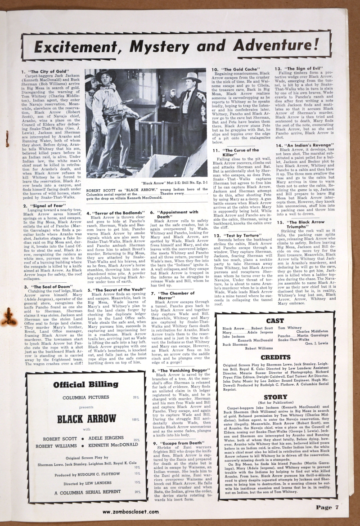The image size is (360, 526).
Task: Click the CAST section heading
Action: tap(275, 321)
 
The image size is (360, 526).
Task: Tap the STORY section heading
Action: tap(275, 397)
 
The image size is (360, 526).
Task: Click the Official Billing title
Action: tap(81, 385)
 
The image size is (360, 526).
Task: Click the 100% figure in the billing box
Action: tap(135, 419)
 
